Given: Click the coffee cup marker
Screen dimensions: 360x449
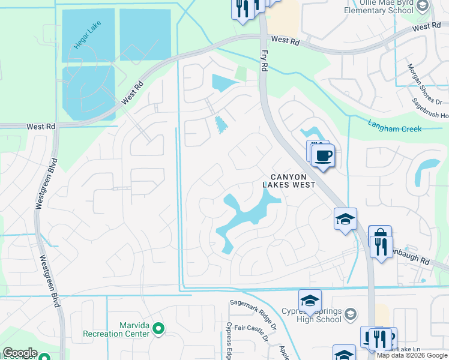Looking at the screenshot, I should click(x=324, y=156).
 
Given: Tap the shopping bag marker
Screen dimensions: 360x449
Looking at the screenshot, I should click(x=379, y=235).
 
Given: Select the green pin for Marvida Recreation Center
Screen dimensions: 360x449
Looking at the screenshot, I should click(x=158, y=328).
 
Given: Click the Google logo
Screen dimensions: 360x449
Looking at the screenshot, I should click(x=20, y=353).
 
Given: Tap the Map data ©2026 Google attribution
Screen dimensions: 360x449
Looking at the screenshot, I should click(x=412, y=355).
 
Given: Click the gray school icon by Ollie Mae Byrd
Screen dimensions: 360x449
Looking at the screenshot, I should click(x=423, y=6).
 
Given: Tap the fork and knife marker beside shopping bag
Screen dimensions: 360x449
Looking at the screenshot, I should click(x=381, y=246).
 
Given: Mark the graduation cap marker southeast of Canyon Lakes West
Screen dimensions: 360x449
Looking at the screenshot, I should click(x=346, y=219).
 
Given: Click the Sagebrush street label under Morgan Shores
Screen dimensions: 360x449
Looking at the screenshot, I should click(x=429, y=116).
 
